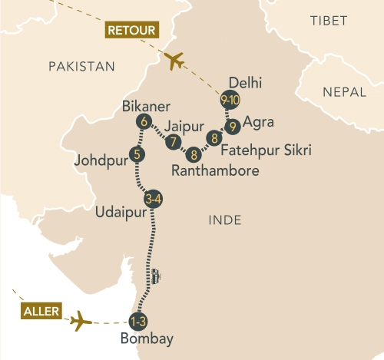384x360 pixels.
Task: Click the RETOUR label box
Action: [127, 31]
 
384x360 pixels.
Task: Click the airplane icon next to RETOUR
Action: [175, 59]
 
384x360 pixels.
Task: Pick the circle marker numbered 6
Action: [143, 121]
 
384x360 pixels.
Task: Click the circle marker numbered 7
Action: [174, 142]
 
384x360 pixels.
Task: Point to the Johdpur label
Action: [101, 162]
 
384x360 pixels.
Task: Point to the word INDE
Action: [225, 220]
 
